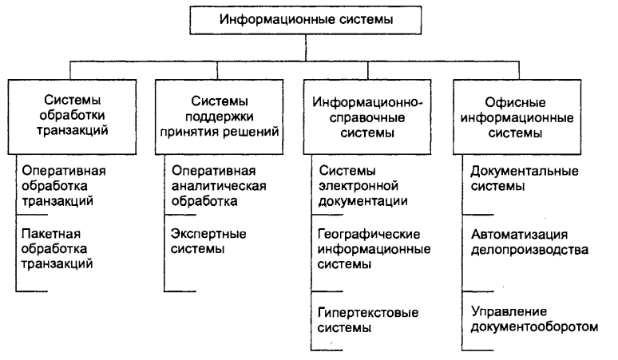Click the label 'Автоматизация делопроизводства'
[530, 241]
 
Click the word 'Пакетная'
[49, 234]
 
